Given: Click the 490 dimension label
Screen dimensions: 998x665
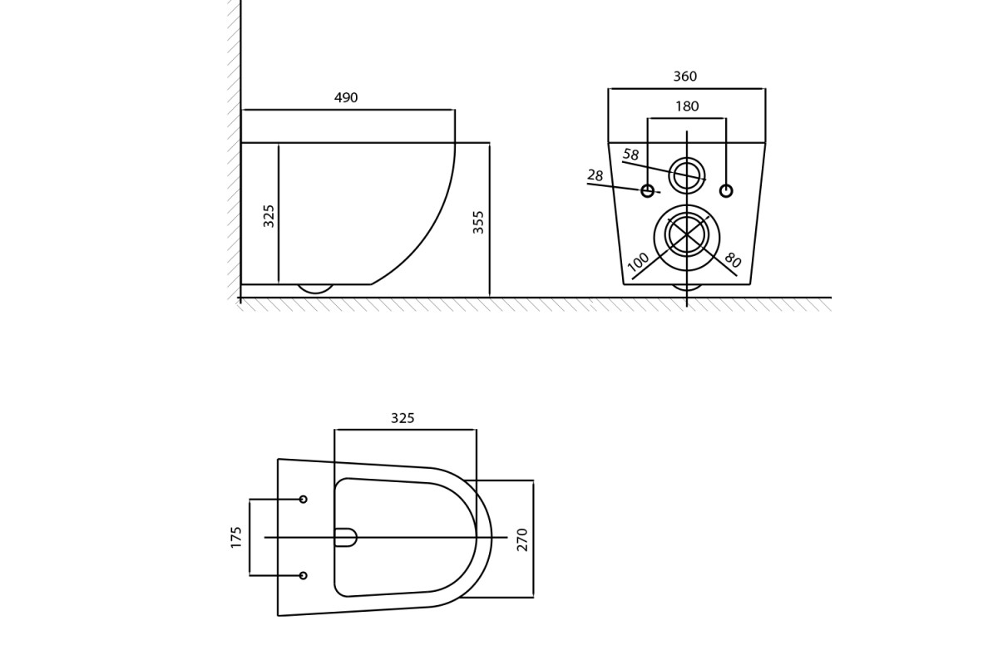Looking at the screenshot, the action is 346,97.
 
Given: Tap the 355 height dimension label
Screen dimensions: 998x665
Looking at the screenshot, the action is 478,222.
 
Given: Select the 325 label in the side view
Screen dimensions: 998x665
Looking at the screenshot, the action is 269,216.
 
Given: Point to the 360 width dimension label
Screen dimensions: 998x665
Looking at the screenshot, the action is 684,76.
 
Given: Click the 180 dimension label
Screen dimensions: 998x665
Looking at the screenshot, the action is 687,106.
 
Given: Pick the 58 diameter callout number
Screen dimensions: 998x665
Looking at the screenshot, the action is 631,155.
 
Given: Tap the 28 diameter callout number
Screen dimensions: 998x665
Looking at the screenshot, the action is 595,175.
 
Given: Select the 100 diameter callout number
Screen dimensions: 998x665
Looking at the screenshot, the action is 638,262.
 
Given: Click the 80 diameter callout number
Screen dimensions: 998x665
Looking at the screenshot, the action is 733,259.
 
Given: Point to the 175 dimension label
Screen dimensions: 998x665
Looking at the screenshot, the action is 235,537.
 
